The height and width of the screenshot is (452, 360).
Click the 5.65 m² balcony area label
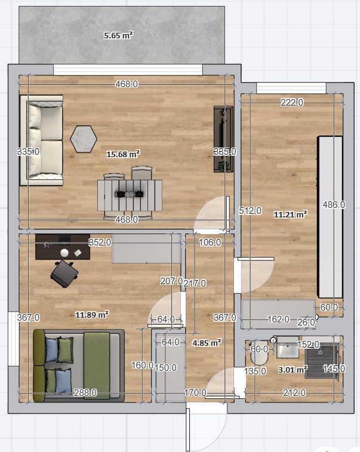click(118, 35)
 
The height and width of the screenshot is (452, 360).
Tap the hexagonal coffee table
click(84, 139)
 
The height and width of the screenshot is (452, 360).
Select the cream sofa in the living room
click(42, 140)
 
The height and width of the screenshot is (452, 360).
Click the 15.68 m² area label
click(124, 154)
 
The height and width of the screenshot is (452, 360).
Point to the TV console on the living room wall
click(223, 139)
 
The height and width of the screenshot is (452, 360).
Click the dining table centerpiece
click(130, 194)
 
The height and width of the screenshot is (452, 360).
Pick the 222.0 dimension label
click(292, 102)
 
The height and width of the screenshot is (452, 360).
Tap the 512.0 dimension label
click(250, 211)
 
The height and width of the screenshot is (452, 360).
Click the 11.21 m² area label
click(291, 214)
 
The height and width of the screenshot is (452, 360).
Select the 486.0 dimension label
click(334, 205)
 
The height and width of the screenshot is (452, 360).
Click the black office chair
click(64, 274)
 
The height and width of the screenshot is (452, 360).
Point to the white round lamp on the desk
click(64, 253)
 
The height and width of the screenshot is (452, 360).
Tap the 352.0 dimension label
click(100, 242)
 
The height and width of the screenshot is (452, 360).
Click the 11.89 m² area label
click(92, 315)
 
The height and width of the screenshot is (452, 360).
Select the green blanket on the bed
click(97, 365)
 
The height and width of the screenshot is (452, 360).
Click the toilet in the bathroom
click(260, 353)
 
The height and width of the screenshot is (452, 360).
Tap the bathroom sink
click(288, 348)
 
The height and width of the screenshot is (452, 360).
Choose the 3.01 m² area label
click(293, 369)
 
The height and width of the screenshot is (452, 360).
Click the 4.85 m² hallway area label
click(207, 343)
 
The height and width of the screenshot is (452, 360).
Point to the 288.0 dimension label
click(85, 393)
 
